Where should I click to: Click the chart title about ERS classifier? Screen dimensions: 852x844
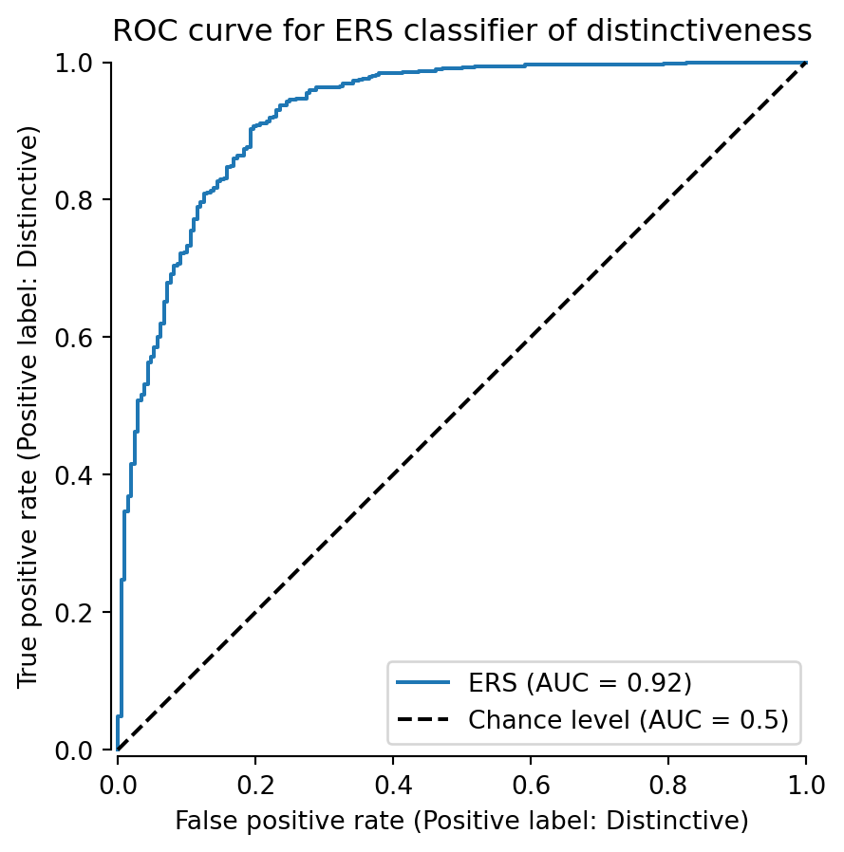click(461, 31)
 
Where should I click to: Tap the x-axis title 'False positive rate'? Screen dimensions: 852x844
click(461, 820)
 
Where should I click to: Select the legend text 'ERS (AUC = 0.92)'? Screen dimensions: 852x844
click(579, 683)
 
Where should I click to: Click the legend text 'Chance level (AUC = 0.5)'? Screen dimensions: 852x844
click(628, 720)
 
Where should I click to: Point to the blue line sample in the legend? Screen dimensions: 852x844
click(423, 683)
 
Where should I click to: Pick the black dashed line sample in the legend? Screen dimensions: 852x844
click(423, 720)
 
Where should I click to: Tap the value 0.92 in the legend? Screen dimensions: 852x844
click(662, 683)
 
